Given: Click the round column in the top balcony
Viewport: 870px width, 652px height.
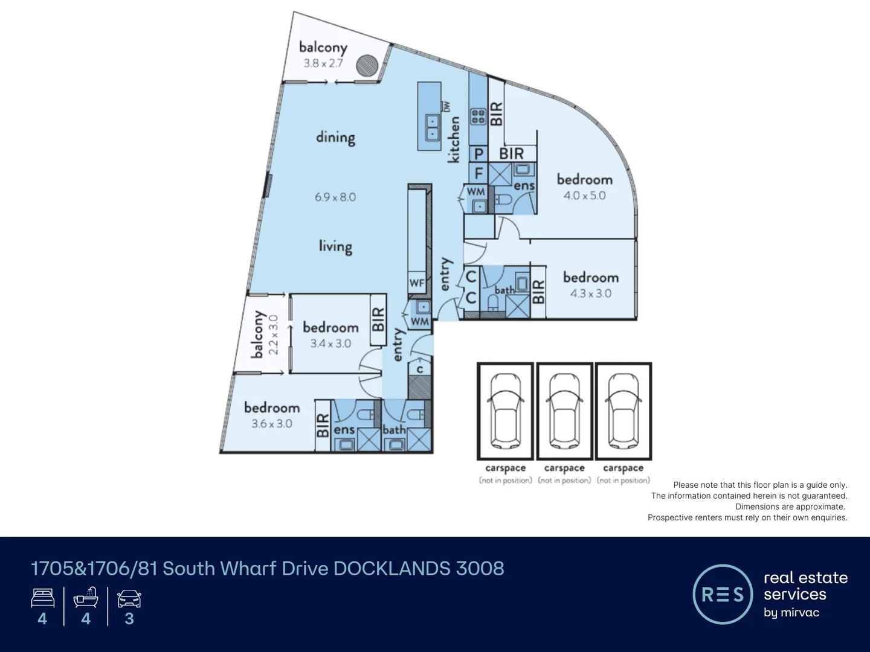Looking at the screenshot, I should pos(367,65).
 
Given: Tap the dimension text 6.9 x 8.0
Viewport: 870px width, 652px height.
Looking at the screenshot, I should pos(335,197).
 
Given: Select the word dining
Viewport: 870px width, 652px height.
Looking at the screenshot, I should pos(335,138).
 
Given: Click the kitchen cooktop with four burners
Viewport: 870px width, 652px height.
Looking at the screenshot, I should pos(478,117).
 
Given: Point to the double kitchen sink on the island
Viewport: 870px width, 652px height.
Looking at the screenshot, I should pos(432,127).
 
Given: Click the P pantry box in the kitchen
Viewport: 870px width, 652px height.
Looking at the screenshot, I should pos(478,154).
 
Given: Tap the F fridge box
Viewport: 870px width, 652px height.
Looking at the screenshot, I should pos(478,174).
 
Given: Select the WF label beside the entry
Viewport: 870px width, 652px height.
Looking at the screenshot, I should pos(417,283).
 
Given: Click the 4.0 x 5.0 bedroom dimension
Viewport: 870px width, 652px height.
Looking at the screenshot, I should pos(584,196).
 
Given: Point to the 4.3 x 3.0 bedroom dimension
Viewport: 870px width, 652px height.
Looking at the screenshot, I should pos(590,293).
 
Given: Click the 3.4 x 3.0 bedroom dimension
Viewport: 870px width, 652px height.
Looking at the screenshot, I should pos(330,344).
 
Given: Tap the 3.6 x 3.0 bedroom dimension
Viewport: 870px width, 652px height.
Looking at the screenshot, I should pos(272,424).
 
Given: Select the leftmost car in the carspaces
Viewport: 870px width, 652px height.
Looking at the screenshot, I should pos(505,411).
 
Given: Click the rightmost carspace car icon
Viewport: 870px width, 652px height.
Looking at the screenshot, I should pos(623,411).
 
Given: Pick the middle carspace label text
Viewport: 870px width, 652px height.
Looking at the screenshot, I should pos(564,468).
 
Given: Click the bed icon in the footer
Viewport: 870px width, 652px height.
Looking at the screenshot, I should pos(42,599).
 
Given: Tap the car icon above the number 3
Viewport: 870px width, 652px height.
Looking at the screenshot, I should pos(129,599).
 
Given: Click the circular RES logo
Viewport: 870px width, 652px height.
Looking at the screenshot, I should pos(723,595).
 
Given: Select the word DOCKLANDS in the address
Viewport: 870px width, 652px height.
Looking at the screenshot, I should pos(391,569).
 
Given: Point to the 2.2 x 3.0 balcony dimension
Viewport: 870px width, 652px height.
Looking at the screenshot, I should pos(273,335).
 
